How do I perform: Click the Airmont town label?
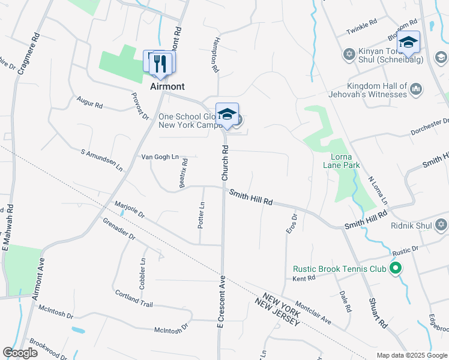(x=167, y=86)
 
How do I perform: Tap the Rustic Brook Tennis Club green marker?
(x=396, y=268)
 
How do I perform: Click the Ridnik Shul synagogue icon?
(x=441, y=224)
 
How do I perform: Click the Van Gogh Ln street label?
(x=160, y=157)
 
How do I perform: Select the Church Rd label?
(x=226, y=163)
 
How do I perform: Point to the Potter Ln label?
(x=202, y=214)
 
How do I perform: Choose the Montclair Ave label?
(x=313, y=313)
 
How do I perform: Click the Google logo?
(x=20, y=353)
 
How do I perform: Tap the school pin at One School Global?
(x=228, y=115)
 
